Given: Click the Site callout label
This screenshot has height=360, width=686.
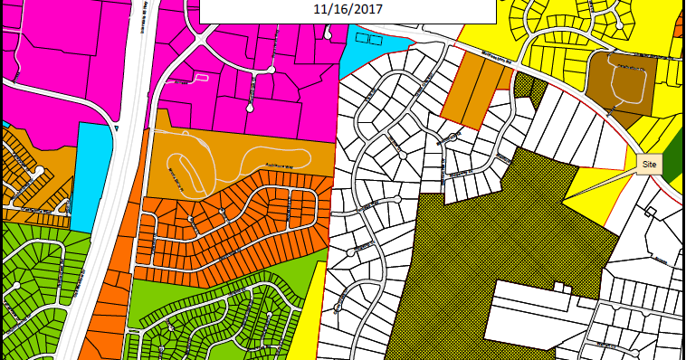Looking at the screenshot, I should [649, 165].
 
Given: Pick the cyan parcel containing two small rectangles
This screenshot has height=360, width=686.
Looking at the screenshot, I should [370, 51].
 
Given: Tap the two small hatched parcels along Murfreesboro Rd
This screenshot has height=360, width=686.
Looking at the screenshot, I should [529, 90].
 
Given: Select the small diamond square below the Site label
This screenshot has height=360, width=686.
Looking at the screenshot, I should [649, 212].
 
